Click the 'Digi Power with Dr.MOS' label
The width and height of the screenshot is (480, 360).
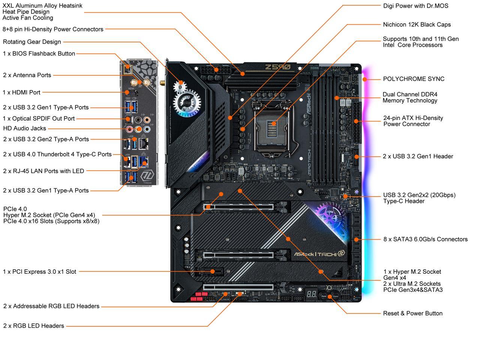tap(415, 6)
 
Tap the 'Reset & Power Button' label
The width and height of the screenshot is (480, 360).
tap(412, 313)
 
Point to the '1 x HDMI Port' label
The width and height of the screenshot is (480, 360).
tap(22, 92)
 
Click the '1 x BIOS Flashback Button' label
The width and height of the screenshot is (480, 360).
tap(39, 54)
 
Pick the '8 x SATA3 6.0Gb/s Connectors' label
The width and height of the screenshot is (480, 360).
tap(425, 239)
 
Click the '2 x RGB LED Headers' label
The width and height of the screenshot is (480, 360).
tap(34, 326)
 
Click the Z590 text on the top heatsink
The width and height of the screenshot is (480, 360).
tap(277, 67)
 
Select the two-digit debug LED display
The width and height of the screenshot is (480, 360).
tap(311, 294)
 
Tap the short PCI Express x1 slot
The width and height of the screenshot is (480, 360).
tap(213, 271)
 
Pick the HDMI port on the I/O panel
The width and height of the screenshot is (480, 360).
tap(132, 93)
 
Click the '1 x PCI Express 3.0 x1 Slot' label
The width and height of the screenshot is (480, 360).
tap(39, 272)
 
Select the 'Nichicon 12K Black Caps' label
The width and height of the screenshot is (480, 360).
tap(417, 25)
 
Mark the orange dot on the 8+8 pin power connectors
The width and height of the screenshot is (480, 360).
tap(216, 70)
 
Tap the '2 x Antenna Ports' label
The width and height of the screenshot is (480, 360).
tap(27, 75)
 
